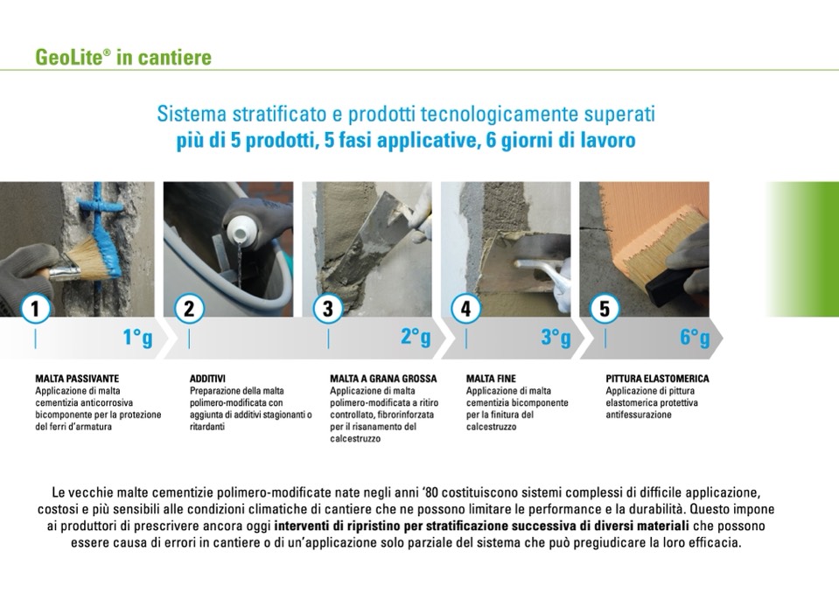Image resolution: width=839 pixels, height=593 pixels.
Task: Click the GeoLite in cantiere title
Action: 123,57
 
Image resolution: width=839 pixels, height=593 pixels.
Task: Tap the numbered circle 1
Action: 35,309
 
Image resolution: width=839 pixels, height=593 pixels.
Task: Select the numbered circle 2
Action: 189,309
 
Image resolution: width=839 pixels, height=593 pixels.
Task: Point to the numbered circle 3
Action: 327,309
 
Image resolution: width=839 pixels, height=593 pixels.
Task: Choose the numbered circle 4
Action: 465,309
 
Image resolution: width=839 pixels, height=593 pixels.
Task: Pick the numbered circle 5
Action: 605,309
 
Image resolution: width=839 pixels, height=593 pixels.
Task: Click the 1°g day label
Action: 137,338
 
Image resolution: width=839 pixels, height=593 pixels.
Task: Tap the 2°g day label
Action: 416,338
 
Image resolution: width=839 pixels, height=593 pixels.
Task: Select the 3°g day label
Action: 556,338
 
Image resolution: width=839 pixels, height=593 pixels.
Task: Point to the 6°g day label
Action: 695,338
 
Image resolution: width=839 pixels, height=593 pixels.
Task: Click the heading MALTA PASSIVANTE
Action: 77,379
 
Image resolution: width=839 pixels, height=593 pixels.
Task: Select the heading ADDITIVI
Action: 207,379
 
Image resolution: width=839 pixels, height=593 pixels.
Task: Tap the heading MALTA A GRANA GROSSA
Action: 383,379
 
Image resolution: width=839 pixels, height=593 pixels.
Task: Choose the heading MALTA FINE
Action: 491,379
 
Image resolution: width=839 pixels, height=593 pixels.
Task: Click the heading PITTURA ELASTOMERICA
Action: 657,379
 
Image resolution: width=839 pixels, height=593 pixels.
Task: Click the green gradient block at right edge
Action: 802,249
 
